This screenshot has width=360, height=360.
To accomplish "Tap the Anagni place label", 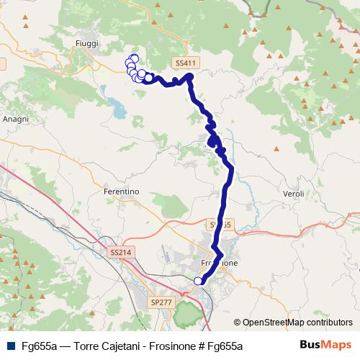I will click(15, 119).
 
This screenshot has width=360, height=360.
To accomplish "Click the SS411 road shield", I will click(184, 63).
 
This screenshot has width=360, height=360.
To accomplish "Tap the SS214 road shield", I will click(121, 253).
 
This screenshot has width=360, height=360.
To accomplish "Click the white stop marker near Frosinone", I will click(199, 281).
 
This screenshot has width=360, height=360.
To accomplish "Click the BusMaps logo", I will click(325, 344).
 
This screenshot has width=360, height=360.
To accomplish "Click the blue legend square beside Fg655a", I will click(11, 345).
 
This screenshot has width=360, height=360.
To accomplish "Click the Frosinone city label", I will click(224, 264).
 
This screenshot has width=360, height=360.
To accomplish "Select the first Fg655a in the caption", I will click(40, 345).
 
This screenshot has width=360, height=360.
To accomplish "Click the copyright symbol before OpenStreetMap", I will click(238, 323).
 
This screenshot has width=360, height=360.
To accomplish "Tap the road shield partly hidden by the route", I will click(220, 225).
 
